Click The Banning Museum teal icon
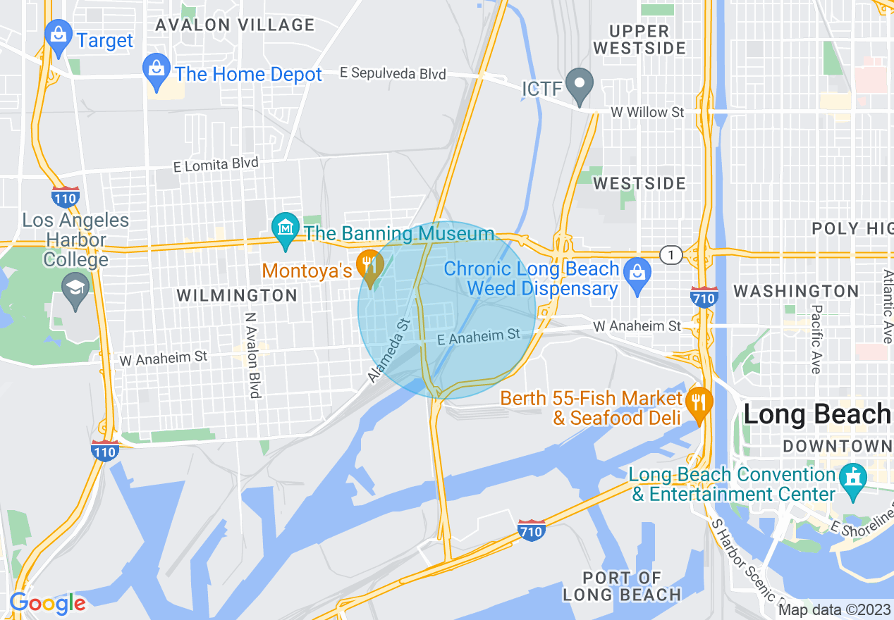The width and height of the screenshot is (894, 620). click(286, 228)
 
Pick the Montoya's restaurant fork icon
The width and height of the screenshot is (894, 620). click(369, 265)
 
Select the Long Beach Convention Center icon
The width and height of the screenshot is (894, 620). click(854, 477)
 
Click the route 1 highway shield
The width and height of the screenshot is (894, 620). click(670, 255)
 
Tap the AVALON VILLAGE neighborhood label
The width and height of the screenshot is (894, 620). click(235, 25)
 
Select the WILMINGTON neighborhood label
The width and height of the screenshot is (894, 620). click(237, 295)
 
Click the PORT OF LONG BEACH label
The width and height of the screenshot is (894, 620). click(622, 586)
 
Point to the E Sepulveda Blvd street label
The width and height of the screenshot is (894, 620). click(393, 73)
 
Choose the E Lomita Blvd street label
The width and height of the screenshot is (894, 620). click(216, 164)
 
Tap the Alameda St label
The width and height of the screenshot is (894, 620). click(388, 350)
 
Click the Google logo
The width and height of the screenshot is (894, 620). click(48, 602)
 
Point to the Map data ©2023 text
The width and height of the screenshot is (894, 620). click(834, 609)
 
